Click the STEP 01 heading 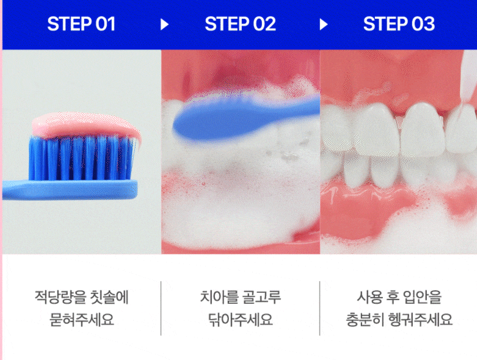pos(81,24)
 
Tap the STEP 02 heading pos(240,24)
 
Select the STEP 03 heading pos(399,24)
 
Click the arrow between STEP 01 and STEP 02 pos(164,24)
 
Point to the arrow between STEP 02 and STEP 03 pos(323,24)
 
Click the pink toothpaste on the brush pos(85,125)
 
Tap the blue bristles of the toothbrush pos(81,158)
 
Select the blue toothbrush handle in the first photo pos(70,190)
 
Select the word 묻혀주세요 pos(81,319)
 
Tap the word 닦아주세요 pos(240,319)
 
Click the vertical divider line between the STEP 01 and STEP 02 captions pos(161,308)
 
